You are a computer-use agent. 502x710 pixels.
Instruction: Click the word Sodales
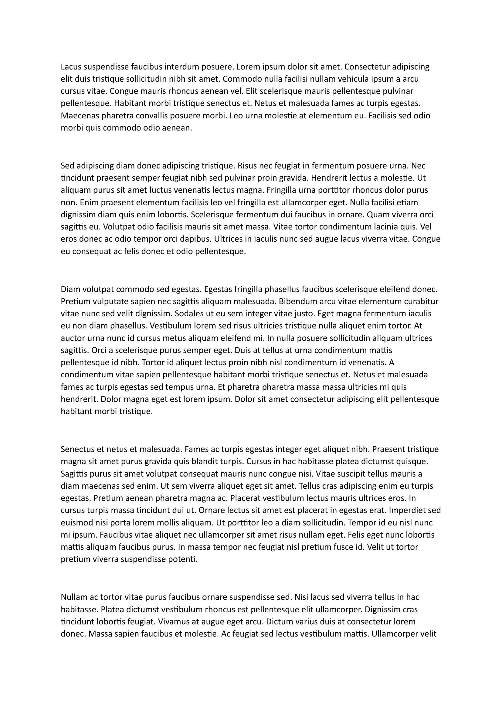coord(189,314)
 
